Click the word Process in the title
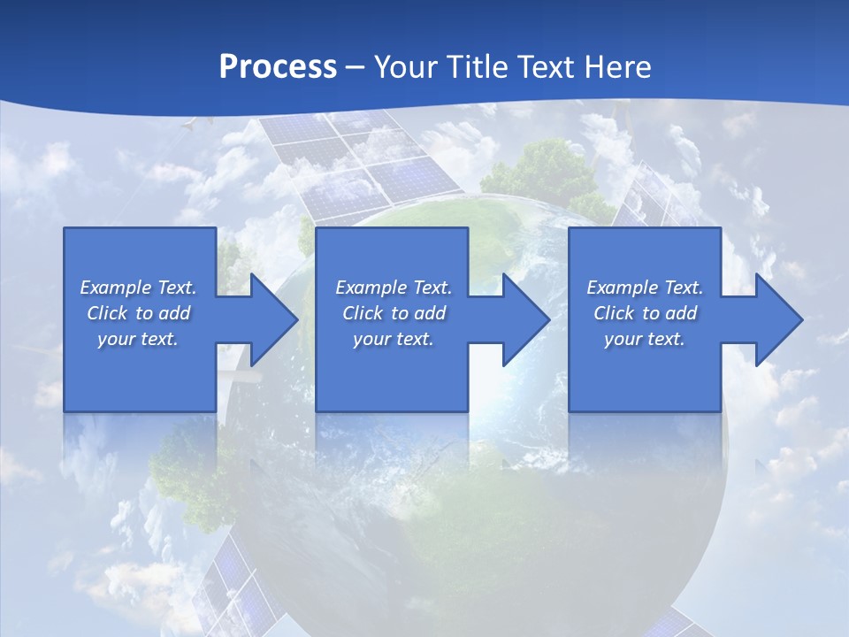point(278,66)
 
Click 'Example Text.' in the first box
point(138,288)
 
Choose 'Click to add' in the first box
point(138,313)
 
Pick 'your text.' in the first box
point(138,339)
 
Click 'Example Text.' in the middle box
point(394,288)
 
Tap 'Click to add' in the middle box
point(394,313)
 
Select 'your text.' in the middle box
point(394,339)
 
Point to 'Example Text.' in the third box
point(645,288)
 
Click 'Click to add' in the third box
point(645,313)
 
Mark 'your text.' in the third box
point(645,339)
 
